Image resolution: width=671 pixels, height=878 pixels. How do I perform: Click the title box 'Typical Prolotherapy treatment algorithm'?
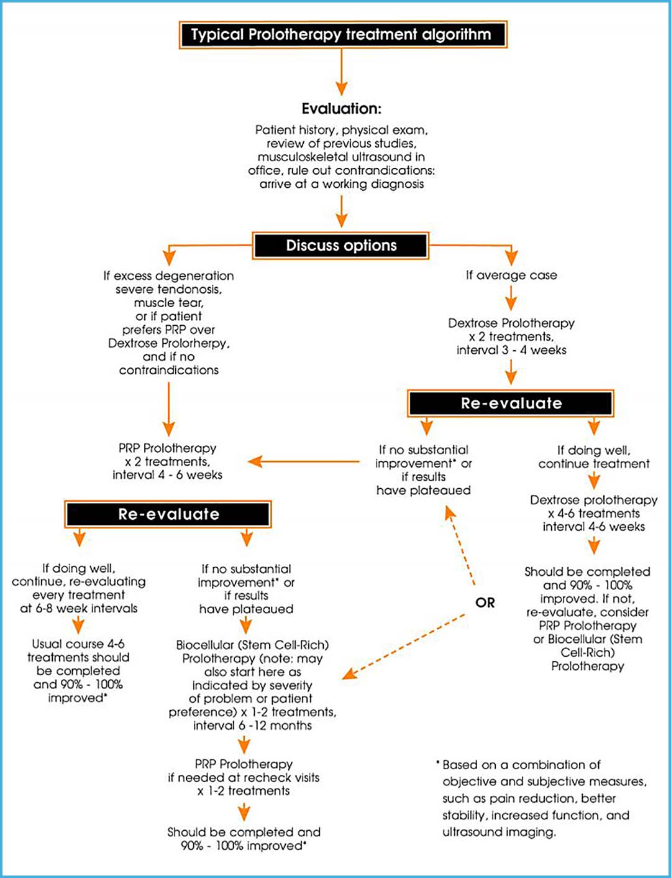pyautogui.click(x=342, y=35)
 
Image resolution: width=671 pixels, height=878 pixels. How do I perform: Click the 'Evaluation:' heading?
pyautogui.click(x=342, y=109)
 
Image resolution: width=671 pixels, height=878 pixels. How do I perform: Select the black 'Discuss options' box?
pyautogui.click(x=340, y=246)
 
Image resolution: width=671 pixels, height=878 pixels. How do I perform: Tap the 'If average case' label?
pyautogui.click(x=511, y=275)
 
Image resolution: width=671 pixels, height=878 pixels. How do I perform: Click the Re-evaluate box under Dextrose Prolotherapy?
pyautogui.click(x=511, y=404)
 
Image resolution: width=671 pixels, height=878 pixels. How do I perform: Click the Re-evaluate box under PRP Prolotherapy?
pyautogui.click(x=168, y=514)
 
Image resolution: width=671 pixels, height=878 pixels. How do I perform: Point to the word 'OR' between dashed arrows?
pyautogui.click(x=485, y=603)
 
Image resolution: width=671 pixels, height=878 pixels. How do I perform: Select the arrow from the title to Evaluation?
pyautogui.click(x=341, y=72)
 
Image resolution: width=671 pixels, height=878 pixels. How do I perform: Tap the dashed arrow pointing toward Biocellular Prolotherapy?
pyautogui.click(x=404, y=647)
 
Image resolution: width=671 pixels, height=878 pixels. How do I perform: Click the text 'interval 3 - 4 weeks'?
pyautogui.click(x=511, y=350)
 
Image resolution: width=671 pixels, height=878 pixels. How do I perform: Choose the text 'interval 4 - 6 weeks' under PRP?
pyautogui.click(x=167, y=475)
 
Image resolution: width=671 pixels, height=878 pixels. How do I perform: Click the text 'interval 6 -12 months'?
pyautogui.click(x=252, y=726)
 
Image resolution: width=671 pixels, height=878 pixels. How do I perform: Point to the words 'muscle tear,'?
pyautogui.click(x=168, y=303)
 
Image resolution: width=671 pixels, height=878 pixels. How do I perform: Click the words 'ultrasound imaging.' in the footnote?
pyautogui.click(x=499, y=832)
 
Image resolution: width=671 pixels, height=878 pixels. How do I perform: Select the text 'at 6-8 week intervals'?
pyautogui.click(x=79, y=609)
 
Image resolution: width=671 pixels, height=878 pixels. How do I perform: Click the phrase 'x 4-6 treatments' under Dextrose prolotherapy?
pyautogui.click(x=593, y=514)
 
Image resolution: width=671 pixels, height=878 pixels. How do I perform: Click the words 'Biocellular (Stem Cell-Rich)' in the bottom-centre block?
pyautogui.click(x=252, y=645)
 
